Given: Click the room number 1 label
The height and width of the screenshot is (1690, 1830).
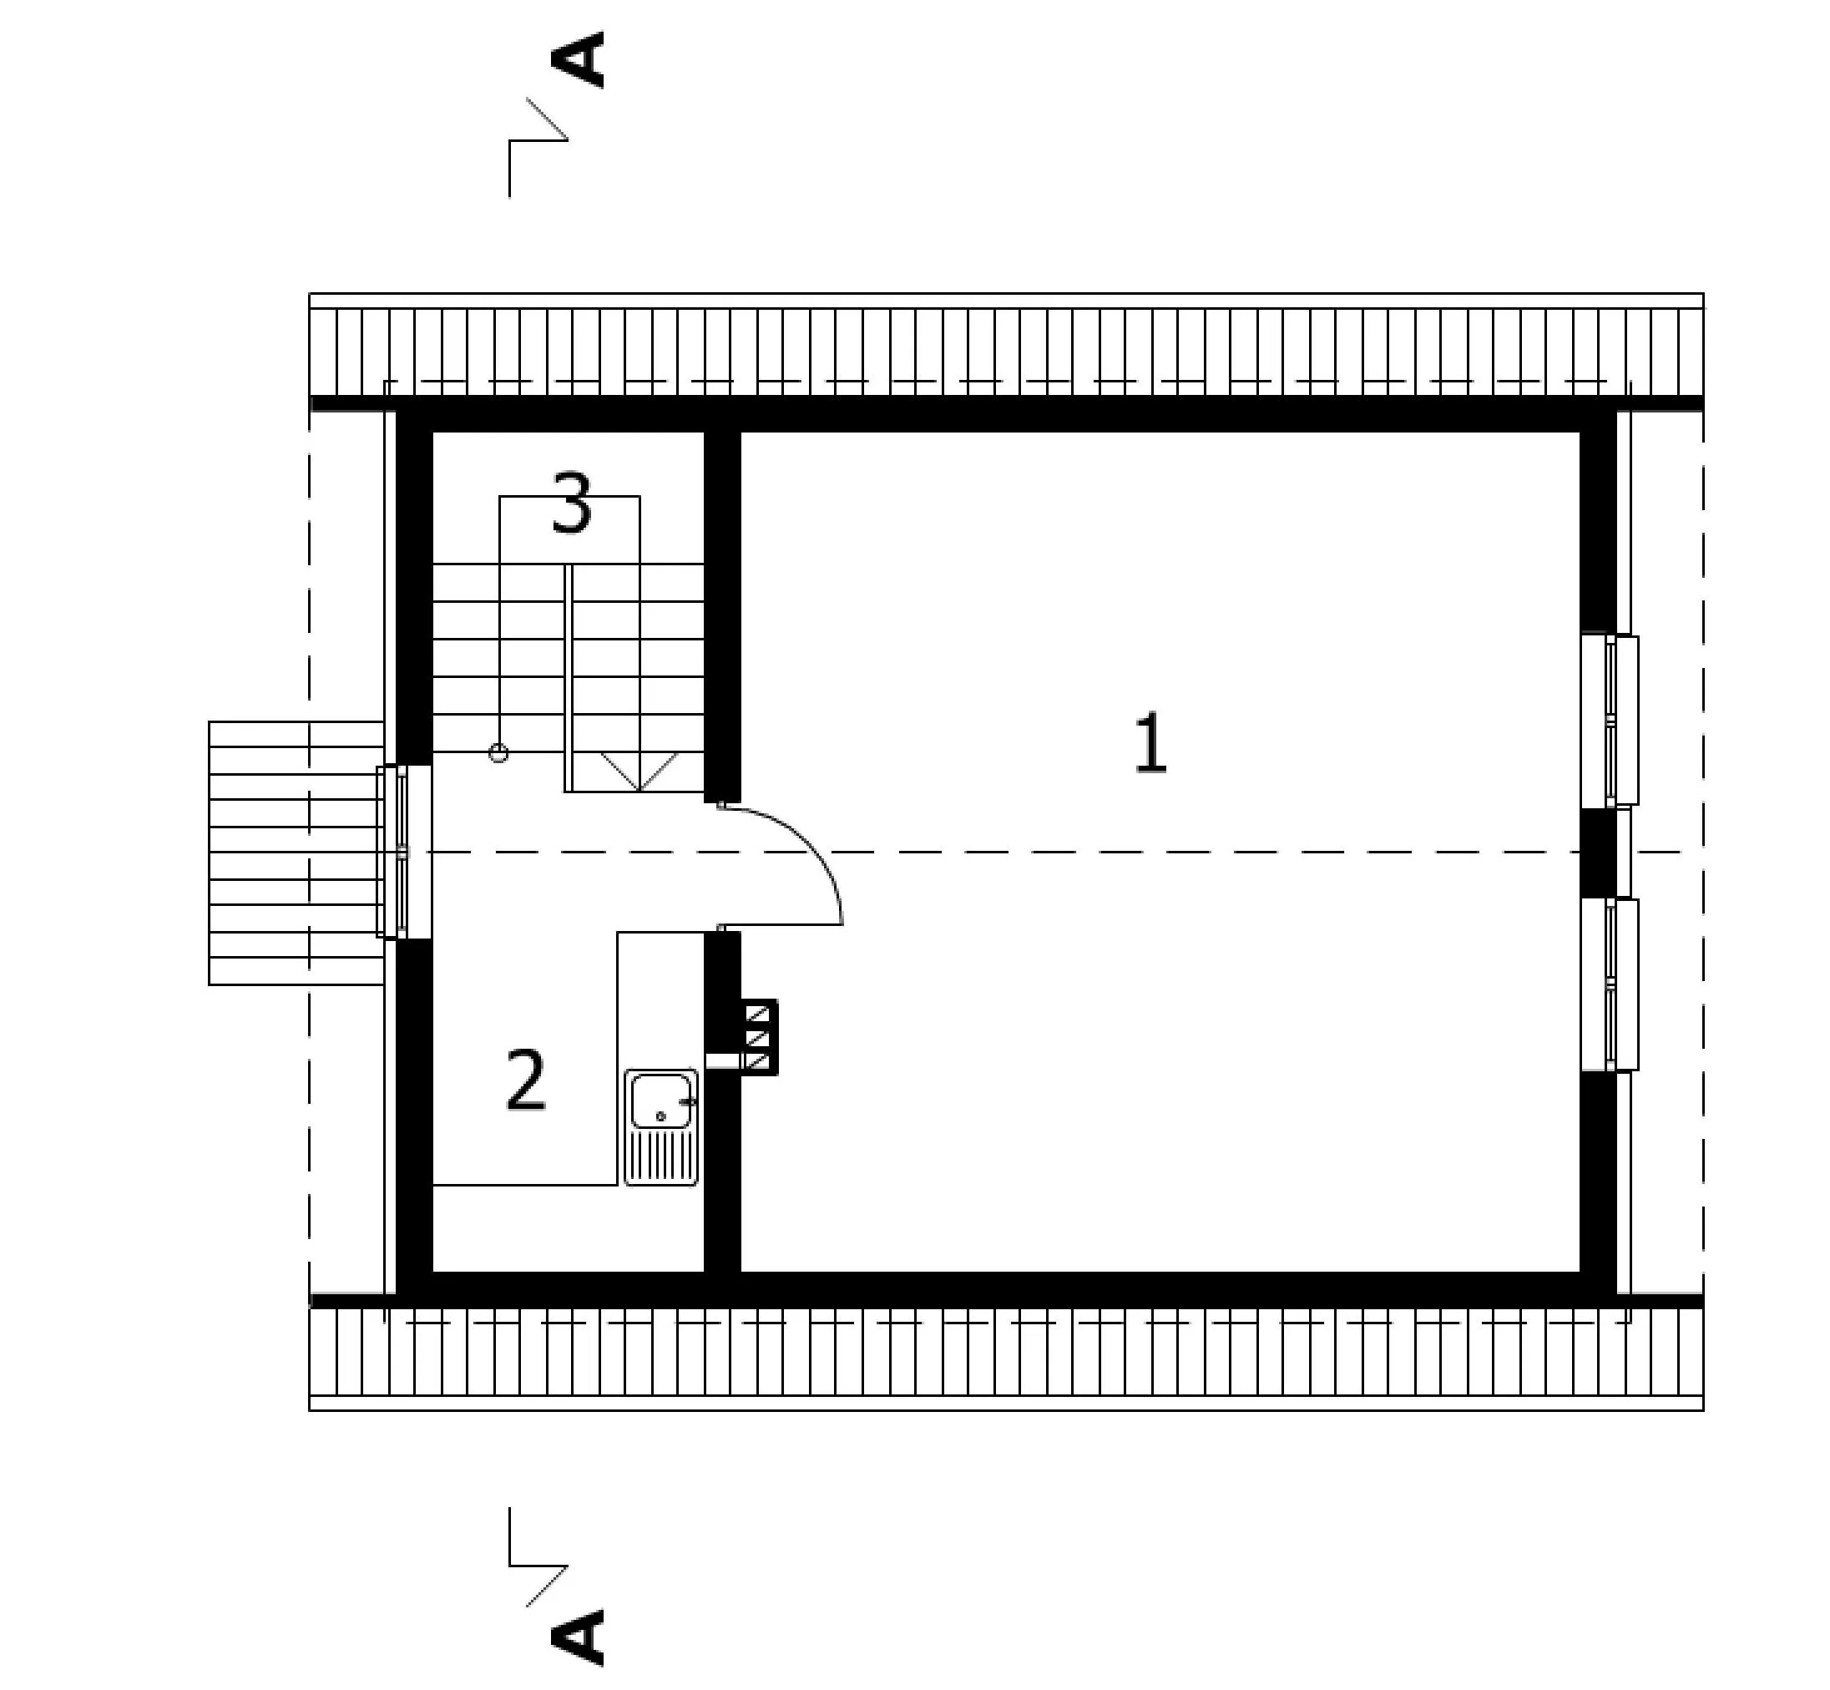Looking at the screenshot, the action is pos(1150,743).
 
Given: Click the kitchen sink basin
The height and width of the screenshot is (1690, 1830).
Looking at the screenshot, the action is pos(660,1101).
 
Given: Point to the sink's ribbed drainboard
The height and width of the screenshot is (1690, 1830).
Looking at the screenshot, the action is pos(661,1156).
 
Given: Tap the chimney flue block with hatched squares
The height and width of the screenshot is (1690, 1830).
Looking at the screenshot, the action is pos(759,1037).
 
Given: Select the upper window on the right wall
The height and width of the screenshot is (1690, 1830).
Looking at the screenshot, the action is pos(1610,720).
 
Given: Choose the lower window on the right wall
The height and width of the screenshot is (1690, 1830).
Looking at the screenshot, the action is pos(1610,984).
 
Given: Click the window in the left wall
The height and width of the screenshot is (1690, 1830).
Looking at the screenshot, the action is pos(403,852).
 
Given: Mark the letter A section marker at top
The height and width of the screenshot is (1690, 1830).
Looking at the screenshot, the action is pos(577,59).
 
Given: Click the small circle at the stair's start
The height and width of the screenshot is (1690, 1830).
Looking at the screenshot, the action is pos(498,753).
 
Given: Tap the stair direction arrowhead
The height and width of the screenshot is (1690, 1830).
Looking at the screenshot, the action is pos(639,772).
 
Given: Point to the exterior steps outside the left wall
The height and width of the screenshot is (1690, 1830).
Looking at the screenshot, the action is pos(296,853).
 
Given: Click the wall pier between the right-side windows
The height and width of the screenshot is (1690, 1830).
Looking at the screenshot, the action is pos(1599,853).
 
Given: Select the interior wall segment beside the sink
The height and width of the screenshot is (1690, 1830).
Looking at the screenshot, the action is pos(721,1102).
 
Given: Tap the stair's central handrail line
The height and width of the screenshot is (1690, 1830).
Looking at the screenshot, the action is pos(568,678).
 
